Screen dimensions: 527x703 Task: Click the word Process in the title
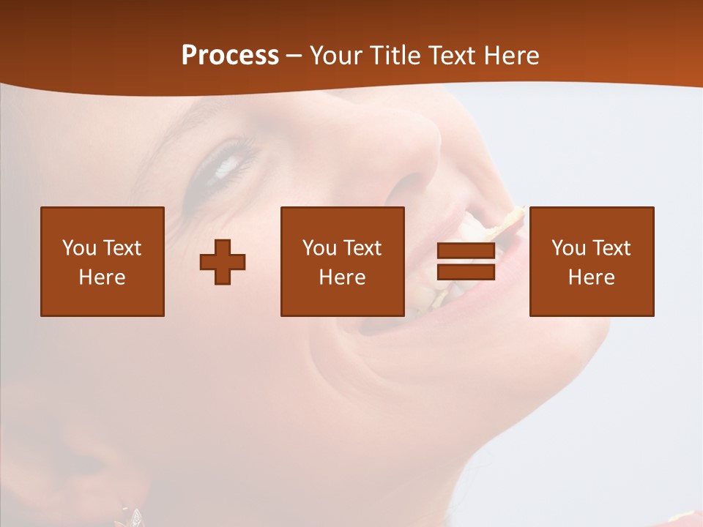tap(230, 56)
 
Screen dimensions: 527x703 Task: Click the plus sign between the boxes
tap(223, 262)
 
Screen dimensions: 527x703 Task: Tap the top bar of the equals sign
tap(466, 251)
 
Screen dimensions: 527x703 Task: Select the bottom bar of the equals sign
tap(466, 272)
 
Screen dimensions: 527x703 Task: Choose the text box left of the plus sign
tap(103, 261)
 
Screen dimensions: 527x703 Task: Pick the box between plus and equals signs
tap(343, 261)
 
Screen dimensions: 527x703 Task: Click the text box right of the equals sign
tap(592, 261)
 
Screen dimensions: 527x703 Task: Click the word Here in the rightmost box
tap(592, 277)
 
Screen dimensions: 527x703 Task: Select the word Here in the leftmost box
tap(103, 277)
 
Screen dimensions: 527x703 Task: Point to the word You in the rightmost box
tap(569, 248)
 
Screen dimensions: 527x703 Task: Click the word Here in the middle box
tap(343, 277)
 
